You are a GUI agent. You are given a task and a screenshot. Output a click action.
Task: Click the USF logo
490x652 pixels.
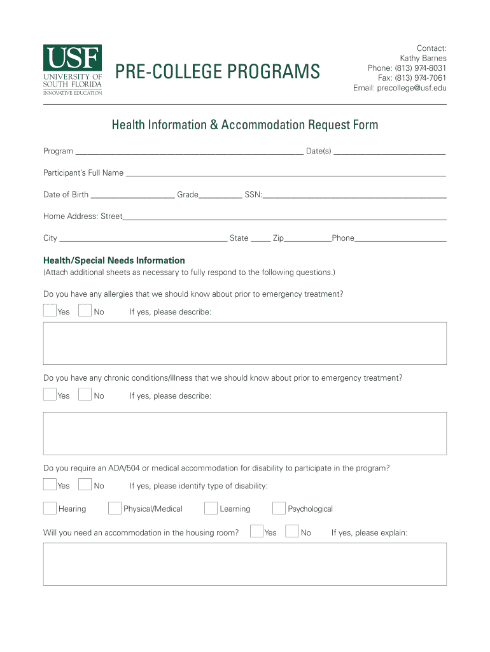(x=72, y=69)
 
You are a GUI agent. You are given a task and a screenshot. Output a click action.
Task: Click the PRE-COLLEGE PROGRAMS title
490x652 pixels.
(x=217, y=72)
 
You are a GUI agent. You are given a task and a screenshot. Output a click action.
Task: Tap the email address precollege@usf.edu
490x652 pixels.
(x=400, y=88)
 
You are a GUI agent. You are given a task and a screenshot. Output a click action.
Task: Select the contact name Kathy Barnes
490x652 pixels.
(x=423, y=59)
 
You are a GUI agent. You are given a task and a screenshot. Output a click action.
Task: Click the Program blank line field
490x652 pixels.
(x=189, y=152)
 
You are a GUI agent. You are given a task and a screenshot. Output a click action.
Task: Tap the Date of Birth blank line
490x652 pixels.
(x=132, y=195)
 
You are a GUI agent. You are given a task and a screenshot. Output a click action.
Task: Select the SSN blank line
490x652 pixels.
(x=354, y=195)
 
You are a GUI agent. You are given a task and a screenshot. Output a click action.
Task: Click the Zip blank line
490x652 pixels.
(x=307, y=239)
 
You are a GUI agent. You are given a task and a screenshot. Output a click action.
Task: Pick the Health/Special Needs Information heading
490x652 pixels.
(x=114, y=260)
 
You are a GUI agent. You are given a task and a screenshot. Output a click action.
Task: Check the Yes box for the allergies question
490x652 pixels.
(x=50, y=311)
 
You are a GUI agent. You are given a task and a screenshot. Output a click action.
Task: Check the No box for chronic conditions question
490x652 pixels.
(x=85, y=395)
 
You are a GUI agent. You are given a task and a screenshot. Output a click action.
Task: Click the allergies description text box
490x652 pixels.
(x=244, y=343)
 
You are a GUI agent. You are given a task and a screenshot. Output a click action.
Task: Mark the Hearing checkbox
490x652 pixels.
(x=50, y=508)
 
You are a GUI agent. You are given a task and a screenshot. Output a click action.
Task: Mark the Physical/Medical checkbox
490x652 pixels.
(x=115, y=508)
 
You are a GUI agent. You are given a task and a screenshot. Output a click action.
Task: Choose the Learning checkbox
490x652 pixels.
(x=211, y=508)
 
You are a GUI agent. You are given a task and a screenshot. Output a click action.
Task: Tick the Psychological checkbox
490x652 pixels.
(x=279, y=508)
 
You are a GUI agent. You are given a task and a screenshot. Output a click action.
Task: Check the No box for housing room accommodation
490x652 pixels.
(x=292, y=532)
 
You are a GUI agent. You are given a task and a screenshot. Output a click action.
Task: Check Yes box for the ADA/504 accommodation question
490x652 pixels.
(x=50, y=485)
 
